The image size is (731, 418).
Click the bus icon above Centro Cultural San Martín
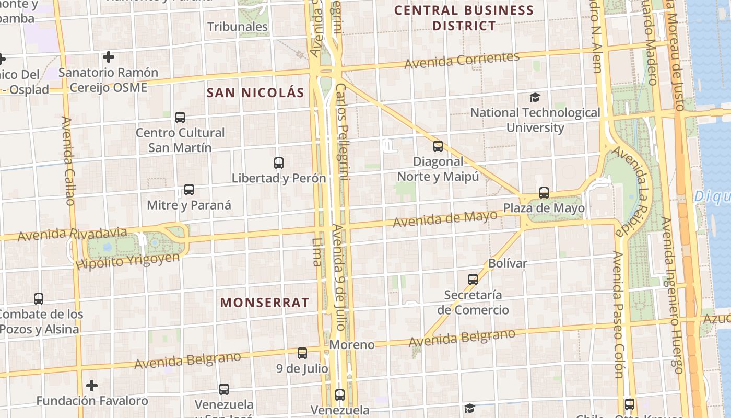click(180, 118)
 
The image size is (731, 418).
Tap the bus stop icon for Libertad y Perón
click(279, 163)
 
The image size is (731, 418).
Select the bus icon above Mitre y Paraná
click(189, 190)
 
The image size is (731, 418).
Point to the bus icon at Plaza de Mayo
click(544, 193)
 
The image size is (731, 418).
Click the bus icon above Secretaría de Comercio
click(473, 280)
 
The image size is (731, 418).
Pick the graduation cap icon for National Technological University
click(535, 98)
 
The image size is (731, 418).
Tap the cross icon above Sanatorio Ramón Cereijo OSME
click(109, 56)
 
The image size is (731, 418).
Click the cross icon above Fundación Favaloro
click(92, 386)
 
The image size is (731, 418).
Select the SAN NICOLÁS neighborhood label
click(255, 93)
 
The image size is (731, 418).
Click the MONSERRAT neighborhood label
click(265, 303)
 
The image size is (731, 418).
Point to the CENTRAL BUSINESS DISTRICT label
click(464, 18)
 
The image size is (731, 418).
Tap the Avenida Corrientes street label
click(462, 60)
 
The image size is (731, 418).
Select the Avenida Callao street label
click(68, 161)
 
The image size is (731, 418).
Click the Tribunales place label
click(238, 27)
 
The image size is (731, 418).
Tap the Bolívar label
click(508, 263)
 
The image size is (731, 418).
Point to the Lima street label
click(317, 252)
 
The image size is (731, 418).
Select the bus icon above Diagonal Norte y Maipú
click(438, 146)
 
